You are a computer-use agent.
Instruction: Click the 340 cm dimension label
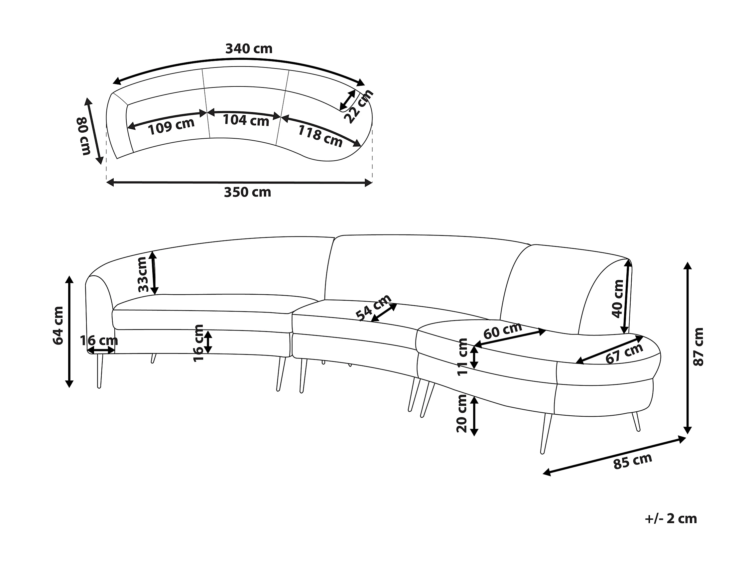pos(248,49)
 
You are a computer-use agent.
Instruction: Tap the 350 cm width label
pos(247,193)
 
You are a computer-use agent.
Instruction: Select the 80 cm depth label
pos(83,136)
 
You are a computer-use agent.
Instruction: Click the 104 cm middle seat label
pos(246,120)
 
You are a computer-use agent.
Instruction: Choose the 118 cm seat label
pos(320,136)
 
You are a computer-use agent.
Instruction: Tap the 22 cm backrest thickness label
pos(358,106)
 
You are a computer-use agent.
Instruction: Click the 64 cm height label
pos(59,326)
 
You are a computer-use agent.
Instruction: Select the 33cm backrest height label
pos(143,274)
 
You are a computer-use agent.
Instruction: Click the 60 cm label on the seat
pos(502,331)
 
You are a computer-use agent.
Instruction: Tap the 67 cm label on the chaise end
pos(624,354)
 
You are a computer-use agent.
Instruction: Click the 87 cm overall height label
pos(698,347)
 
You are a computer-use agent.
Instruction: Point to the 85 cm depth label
pos(633,461)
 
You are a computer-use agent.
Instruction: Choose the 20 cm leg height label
pos(462,414)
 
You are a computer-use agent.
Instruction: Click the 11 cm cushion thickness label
pos(462,357)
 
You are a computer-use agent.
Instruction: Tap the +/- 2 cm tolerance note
pos(671,518)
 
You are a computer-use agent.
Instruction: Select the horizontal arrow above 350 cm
pos(239,183)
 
